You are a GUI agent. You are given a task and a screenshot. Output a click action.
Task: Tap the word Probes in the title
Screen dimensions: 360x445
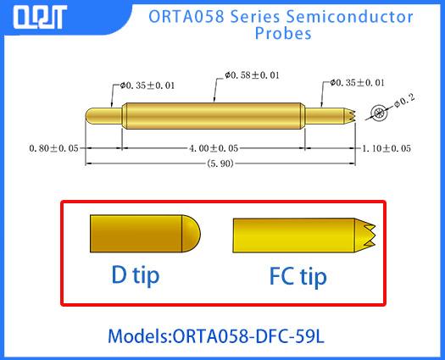(283, 35)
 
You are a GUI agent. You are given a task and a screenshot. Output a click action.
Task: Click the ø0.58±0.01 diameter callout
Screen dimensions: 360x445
(252, 77)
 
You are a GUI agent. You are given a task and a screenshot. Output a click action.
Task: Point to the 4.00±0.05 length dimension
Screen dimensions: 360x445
(214, 148)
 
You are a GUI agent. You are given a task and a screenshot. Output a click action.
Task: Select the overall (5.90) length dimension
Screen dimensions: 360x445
(219, 164)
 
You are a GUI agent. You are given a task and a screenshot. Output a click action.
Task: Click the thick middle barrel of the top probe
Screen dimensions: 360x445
(214, 113)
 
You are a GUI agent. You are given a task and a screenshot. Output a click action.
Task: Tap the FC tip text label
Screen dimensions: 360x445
(298, 276)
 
